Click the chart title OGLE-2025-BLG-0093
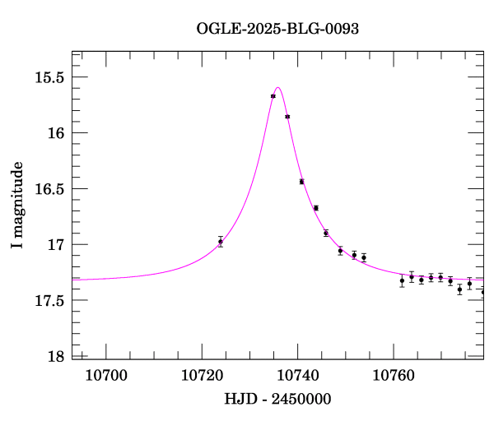point(277,29)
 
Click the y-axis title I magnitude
point(17,206)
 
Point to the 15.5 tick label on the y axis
point(49,77)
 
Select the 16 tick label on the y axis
point(56,133)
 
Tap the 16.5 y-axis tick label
point(49,189)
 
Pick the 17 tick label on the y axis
point(56,245)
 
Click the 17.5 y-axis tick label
point(49,300)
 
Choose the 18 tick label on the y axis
point(56,356)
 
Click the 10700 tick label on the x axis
point(107,376)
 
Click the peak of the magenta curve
point(278,87)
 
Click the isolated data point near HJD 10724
point(221,242)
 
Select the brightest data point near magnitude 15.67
point(273,96)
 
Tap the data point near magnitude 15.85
point(287,117)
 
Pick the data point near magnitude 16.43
point(302,182)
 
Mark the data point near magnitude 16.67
point(316,208)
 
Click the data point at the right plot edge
point(483,292)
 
